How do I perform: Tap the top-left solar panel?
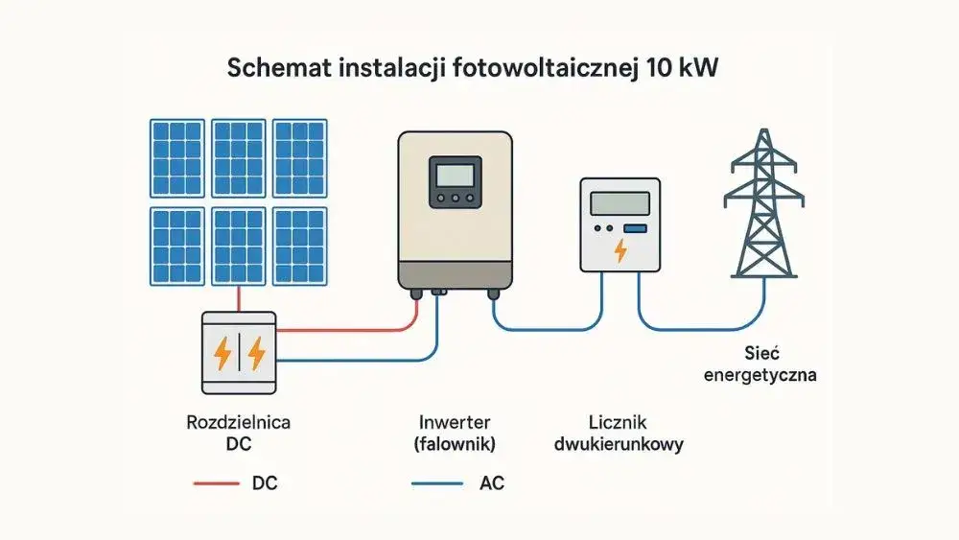point(176,158)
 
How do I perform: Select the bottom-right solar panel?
point(300,246)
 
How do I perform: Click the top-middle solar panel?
point(239,158)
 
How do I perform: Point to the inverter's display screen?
point(456,176)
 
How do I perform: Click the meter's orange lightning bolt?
point(620,251)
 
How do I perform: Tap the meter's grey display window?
point(620,202)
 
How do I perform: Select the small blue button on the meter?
point(635,228)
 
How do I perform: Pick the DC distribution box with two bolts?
point(239,353)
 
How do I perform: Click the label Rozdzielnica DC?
point(238,432)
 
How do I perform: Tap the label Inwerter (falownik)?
point(455,432)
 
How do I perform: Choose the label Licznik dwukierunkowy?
point(624,433)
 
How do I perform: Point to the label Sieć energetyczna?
point(760,364)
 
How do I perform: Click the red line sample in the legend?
point(216,483)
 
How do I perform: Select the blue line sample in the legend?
point(436,483)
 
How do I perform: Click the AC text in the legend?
point(491,483)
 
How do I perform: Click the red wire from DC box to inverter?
point(345,329)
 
